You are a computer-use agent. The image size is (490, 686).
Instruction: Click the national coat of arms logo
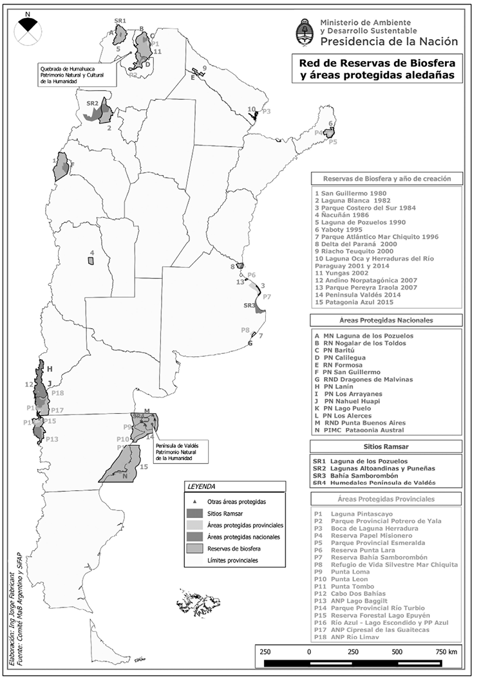(x=303, y=33)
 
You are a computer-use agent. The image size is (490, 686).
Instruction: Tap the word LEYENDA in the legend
(x=200, y=487)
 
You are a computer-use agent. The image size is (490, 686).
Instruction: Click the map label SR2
(x=92, y=103)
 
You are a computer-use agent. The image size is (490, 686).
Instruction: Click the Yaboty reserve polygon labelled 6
(x=330, y=133)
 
